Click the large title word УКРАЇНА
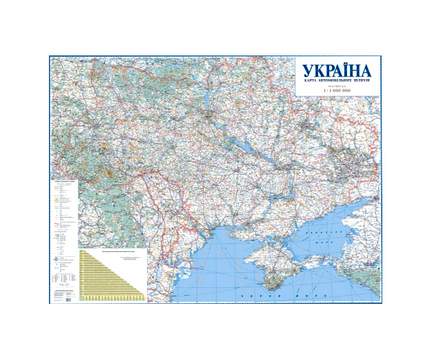[336, 71]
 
